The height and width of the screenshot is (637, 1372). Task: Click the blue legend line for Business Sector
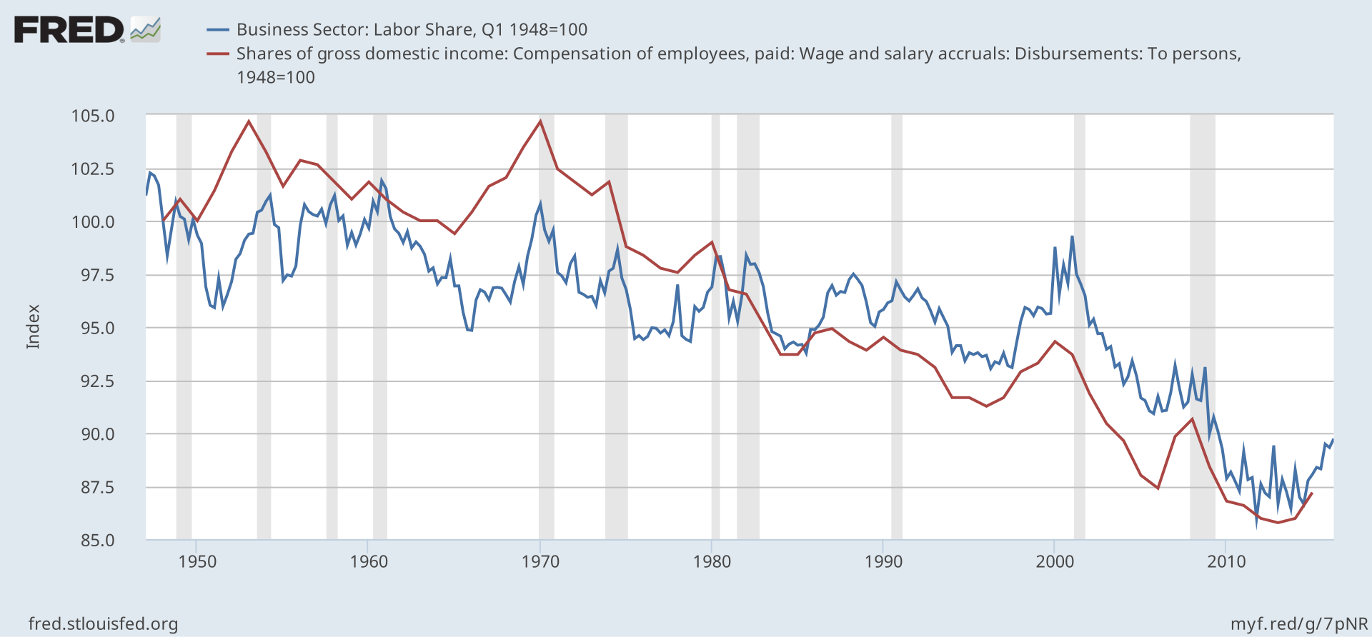tap(218, 30)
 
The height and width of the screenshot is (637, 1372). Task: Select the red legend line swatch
tap(218, 54)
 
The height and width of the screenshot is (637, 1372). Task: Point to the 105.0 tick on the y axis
tap(93, 116)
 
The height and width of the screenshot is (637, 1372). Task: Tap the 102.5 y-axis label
tap(93, 169)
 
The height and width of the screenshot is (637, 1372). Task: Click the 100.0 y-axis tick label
tap(93, 222)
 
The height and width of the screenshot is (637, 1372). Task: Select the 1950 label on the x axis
tap(197, 561)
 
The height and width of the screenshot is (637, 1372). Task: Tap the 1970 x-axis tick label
tap(540, 561)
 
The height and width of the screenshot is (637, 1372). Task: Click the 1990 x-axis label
tap(883, 561)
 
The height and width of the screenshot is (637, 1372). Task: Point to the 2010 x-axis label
tap(1226, 561)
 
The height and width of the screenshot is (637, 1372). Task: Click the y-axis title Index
tap(33, 327)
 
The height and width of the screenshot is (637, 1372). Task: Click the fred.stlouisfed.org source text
tap(103, 624)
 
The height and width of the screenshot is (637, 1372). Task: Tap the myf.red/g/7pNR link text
tap(1299, 624)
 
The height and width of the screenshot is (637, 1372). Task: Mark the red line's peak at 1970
tap(540, 121)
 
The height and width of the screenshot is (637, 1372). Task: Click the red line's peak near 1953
tap(249, 121)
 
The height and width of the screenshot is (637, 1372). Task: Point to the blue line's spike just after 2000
tap(1072, 237)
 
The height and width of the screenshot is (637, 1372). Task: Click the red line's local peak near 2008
tap(1192, 418)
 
